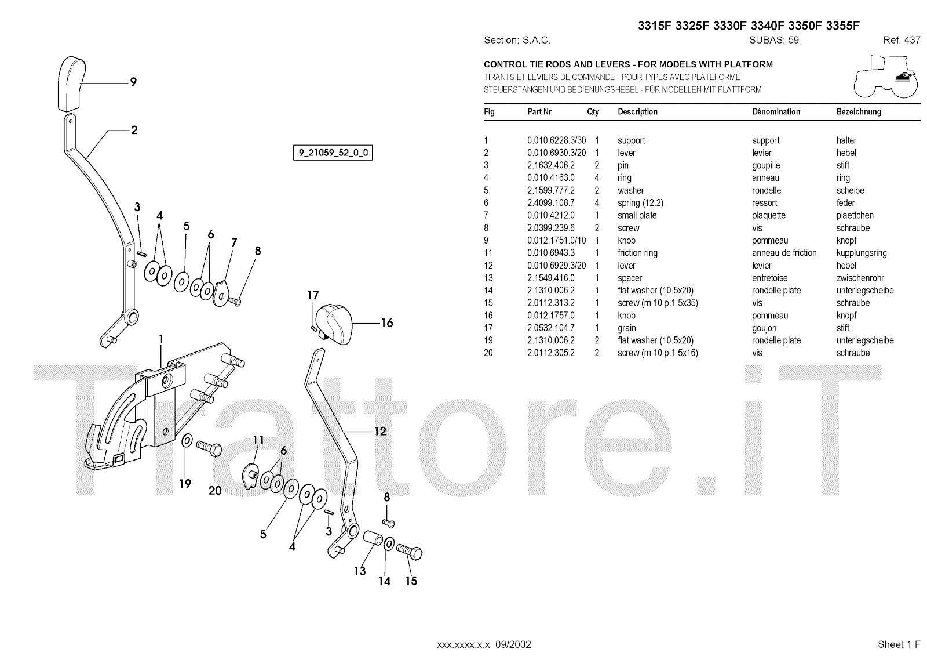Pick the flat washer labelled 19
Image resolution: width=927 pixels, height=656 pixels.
pyautogui.click(x=188, y=442)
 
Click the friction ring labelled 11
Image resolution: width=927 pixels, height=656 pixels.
pyautogui.click(x=250, y=476)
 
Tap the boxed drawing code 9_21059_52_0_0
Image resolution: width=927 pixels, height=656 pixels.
pyautogui.click(x=333, y=153)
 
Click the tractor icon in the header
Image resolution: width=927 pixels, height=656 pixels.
pyautogui.click(x=886, y=76)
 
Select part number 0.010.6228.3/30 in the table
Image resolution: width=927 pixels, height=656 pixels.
pyautogui.click(x=556, y=140)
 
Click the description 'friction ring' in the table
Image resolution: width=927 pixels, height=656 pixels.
pyautogui.click(x=637, y=253)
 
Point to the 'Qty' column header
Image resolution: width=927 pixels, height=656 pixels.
pyautogui.click(x=593, y=112)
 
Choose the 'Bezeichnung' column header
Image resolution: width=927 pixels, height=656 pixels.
pyautogui.click(x=859, y=112)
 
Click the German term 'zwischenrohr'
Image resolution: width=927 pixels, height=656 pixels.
pyautogui.click(x=860, y=278)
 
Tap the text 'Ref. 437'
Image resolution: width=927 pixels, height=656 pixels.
pyautogui.click(x=902, y=41)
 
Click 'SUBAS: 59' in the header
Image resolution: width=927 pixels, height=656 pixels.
pyautogui.click(x=773, y=41)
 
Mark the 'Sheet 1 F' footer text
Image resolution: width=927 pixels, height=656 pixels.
pyautogui.click(x=899, y=644)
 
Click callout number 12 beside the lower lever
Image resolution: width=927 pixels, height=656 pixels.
pyautogui.click(x=380, y=432)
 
